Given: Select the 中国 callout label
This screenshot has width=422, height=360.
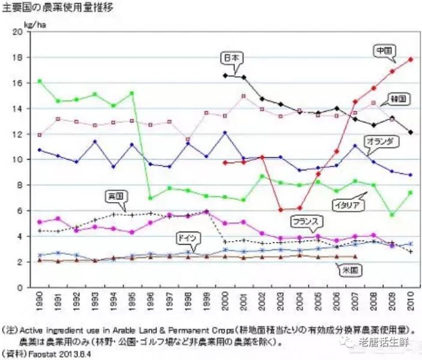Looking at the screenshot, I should [x=382, y=50].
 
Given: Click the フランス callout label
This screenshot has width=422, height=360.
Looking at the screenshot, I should [x=304, y=221].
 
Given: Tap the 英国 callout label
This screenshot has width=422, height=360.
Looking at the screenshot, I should [x=115, y=196].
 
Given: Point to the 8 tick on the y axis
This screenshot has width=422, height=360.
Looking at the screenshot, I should [x=18, y=185].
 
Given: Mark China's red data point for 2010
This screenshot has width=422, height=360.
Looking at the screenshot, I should [x=410, y=59].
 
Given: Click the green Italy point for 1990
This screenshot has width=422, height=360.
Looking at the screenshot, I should [x=40, y=81].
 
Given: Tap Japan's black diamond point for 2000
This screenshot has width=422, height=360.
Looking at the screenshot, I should [x=225, y=76].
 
